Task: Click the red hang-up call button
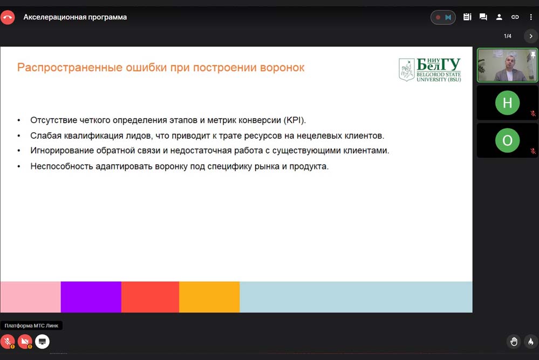coord(8,17)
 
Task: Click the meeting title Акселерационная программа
coord(75,17)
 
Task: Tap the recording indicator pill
coord(443,17)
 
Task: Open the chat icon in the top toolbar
coord(483,17)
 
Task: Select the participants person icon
coord(499,17)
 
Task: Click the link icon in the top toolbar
coord(515,17)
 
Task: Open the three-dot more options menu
coord(531,17)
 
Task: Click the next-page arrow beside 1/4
coord(531,36)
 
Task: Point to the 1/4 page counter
coord(507,36)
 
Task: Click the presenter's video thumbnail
coord(507,65)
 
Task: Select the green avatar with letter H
coord(507,103)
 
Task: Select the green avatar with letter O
coord(507,140)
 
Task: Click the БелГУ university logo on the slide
coord(429,70)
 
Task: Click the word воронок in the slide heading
coord(282,67)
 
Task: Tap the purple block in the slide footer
coord(91,297)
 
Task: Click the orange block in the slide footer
coord(209,297)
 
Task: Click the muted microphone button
coord(8,342)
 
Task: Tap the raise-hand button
coord(514,342)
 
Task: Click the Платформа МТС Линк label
coord(31,325)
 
